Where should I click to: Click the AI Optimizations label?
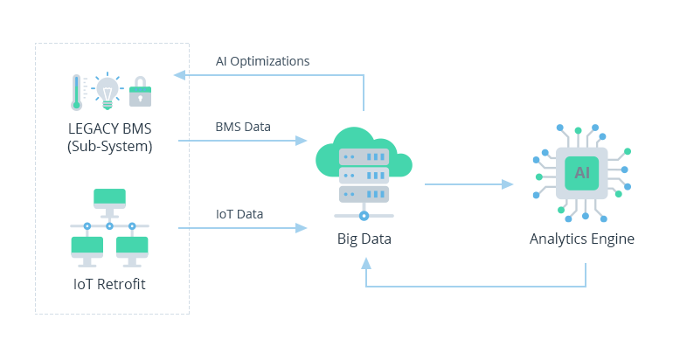[x=262, y=61]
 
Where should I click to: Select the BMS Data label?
[x=243, y=127]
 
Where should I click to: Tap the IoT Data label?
[x=239, y=214]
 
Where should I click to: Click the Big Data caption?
[x=364, y=239]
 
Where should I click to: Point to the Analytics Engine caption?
[x=582, y=239]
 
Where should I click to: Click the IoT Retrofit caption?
[x=110, y=283]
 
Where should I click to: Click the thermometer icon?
[x=78, y=91]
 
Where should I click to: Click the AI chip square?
[x=582, y=172]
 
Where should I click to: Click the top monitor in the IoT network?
[x=109, y=198]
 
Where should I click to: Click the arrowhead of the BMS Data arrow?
[x=302, y=140]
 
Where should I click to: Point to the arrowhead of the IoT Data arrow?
[x=302, y=228]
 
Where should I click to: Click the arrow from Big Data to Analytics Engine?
[x=468, y=184]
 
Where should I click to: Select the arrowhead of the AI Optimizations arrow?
[x=179, y=75]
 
